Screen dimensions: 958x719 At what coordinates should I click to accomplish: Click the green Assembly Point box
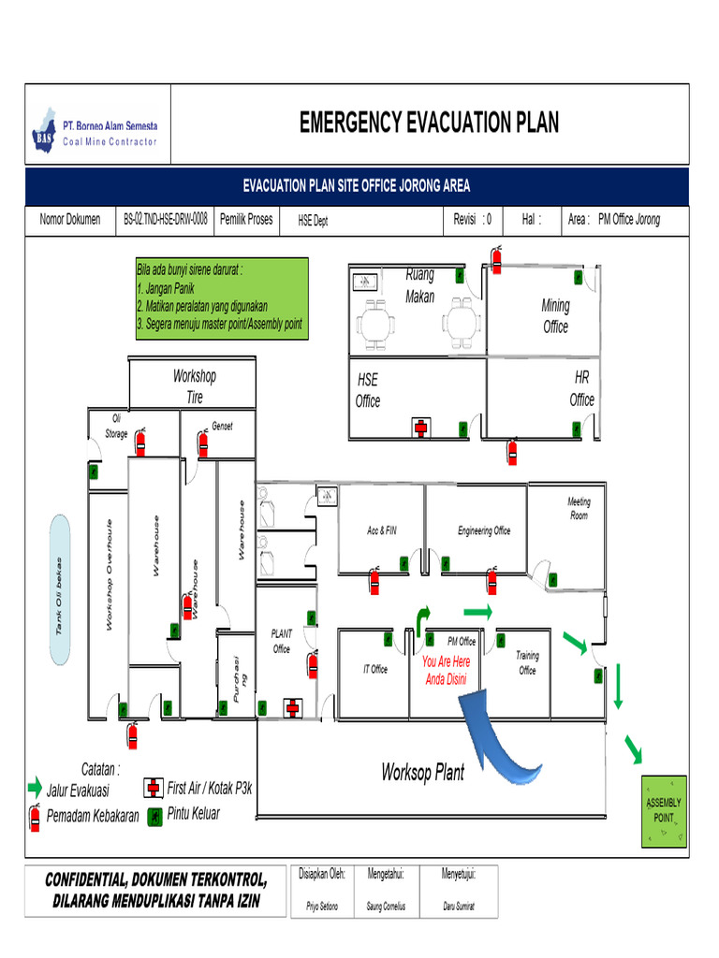[x=665, y=811]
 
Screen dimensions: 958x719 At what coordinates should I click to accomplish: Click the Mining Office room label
[x=555, y=316]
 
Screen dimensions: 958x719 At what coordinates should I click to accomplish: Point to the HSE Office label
[x=368, y=391]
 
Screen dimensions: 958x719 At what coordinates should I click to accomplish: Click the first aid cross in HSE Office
[x=421, y=428]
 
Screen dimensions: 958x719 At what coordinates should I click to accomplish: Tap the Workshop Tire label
[x=195, y=386]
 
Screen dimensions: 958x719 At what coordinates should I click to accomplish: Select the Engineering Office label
[x=484, y=531]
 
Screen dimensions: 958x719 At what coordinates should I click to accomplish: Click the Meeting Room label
[x=579, y=509]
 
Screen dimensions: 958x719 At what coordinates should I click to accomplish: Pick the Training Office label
[x=527, y=663]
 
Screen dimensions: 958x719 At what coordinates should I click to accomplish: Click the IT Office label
[x=375, y=669]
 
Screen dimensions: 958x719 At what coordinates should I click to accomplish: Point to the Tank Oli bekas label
[x=60, y=592]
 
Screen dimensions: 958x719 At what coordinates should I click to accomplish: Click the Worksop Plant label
[x=422, y=773]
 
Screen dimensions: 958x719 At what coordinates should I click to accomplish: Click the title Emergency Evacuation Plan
[x=429, y=123]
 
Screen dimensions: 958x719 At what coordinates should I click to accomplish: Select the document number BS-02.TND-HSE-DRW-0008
[x=166, y=220]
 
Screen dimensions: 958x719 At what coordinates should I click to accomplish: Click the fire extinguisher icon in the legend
[x=36, y=816]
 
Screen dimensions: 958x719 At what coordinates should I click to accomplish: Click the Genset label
[x=222, y=426]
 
